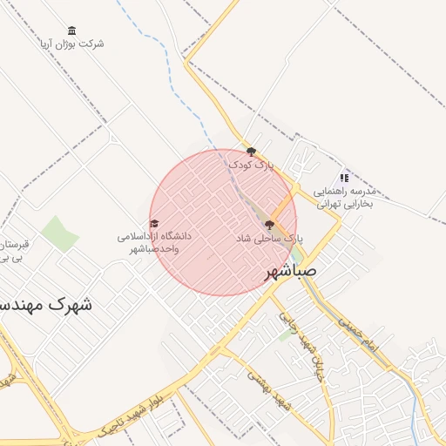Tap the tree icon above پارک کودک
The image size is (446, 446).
(252, 152)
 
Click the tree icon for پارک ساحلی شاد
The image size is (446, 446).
(268, 225)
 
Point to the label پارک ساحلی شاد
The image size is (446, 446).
(268, 238)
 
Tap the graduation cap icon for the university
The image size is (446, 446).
(154, 224)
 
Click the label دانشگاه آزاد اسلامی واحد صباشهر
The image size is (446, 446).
(154, 242)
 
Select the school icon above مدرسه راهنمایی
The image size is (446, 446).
(344, 178)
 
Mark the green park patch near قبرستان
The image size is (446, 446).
(60, 233)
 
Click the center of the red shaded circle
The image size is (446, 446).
(223, 222)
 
